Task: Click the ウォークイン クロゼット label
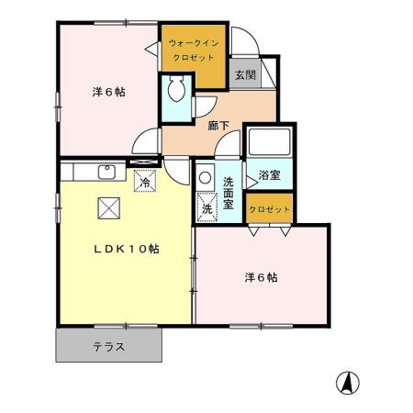(194, 48)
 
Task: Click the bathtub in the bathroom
(267, 143)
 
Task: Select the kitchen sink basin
(106, 171)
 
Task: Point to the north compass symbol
(349, 381)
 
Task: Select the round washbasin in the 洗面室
(205, 180)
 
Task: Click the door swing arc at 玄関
(242, 44)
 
